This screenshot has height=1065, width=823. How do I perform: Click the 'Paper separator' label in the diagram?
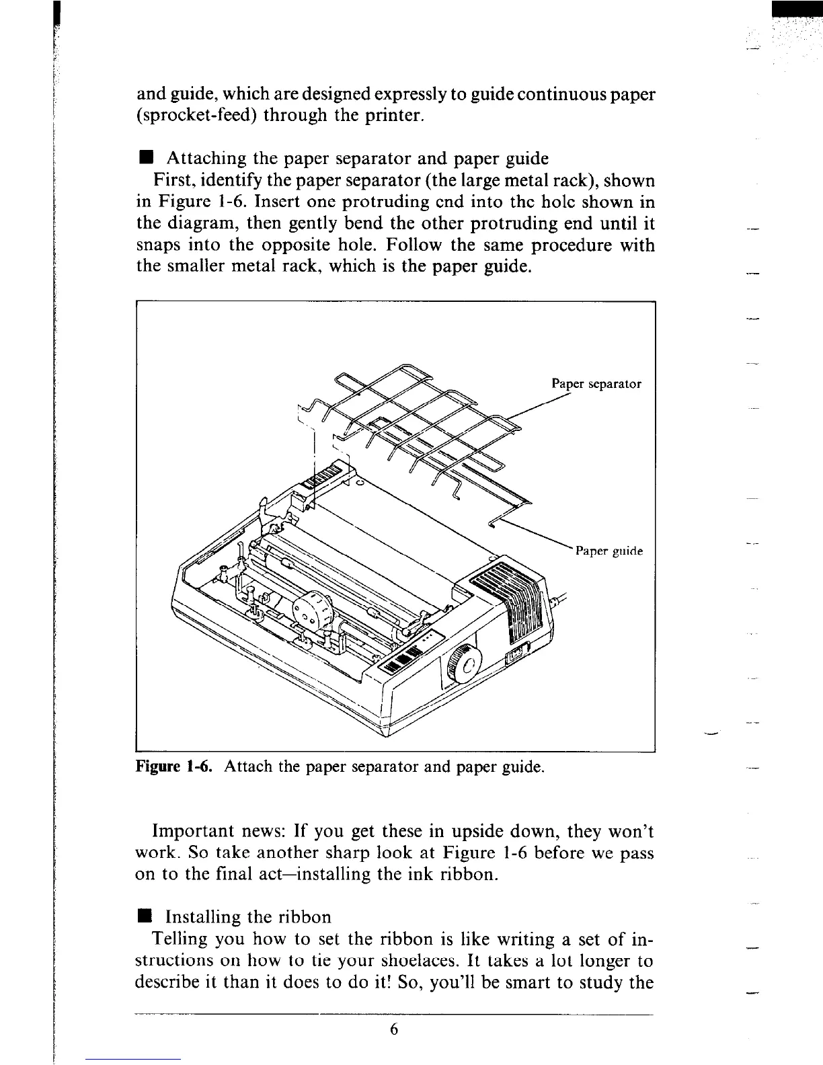click(596, 384)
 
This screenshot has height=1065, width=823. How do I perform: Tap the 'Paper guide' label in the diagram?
click(609, 551)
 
